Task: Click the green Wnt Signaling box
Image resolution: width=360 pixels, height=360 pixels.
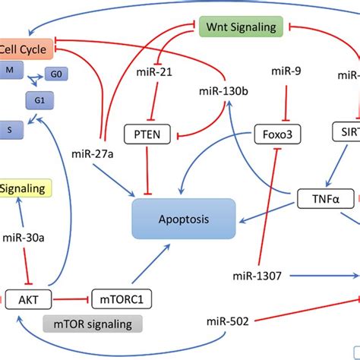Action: click(x=242, y=28)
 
